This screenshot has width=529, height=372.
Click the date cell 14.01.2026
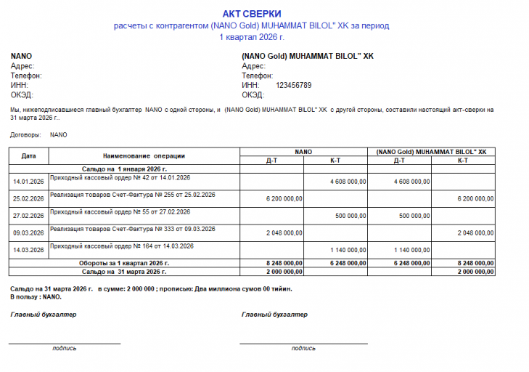[x=29, y=181]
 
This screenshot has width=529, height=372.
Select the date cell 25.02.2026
[x=29, y=198]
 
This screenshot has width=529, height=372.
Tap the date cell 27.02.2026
[x=29, y=216]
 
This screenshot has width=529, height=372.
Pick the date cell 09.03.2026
[x=29, y=233]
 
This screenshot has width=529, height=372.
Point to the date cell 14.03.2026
[x=29, y=251]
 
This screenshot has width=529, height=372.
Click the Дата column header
[x=29, y=155]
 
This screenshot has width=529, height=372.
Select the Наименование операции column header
[x=144, y=155]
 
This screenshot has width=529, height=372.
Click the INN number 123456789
[x=293, y=85]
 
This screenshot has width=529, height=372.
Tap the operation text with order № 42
[x=120, y=177]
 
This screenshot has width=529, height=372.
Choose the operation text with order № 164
[x=121, y=247]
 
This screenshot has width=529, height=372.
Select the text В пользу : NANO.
[x=36, y=297]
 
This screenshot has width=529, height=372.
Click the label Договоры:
[x=26, y=134]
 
